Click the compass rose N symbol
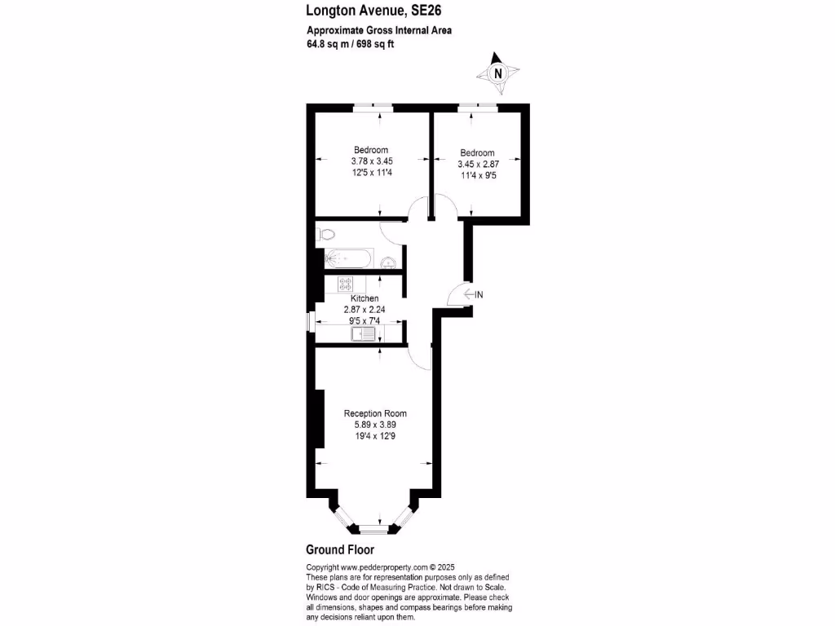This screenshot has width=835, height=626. [x=498, y=73]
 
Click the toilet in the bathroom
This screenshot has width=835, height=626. [x=326, y=234]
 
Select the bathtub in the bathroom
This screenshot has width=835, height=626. [x=348, y=259]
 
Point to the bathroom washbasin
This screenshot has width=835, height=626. [x=390, y=262]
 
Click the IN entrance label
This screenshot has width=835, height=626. [x=479, y=294]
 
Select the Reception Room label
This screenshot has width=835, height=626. [x=375, y=413]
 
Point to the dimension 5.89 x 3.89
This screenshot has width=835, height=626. [x=375, y=425]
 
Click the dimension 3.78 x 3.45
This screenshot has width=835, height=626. [x=371, y=161]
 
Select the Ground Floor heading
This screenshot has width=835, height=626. [x=340, y=549]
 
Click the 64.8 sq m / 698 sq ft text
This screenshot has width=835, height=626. [x=350, y=44]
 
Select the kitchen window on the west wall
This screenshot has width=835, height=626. [x=309, y=320]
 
